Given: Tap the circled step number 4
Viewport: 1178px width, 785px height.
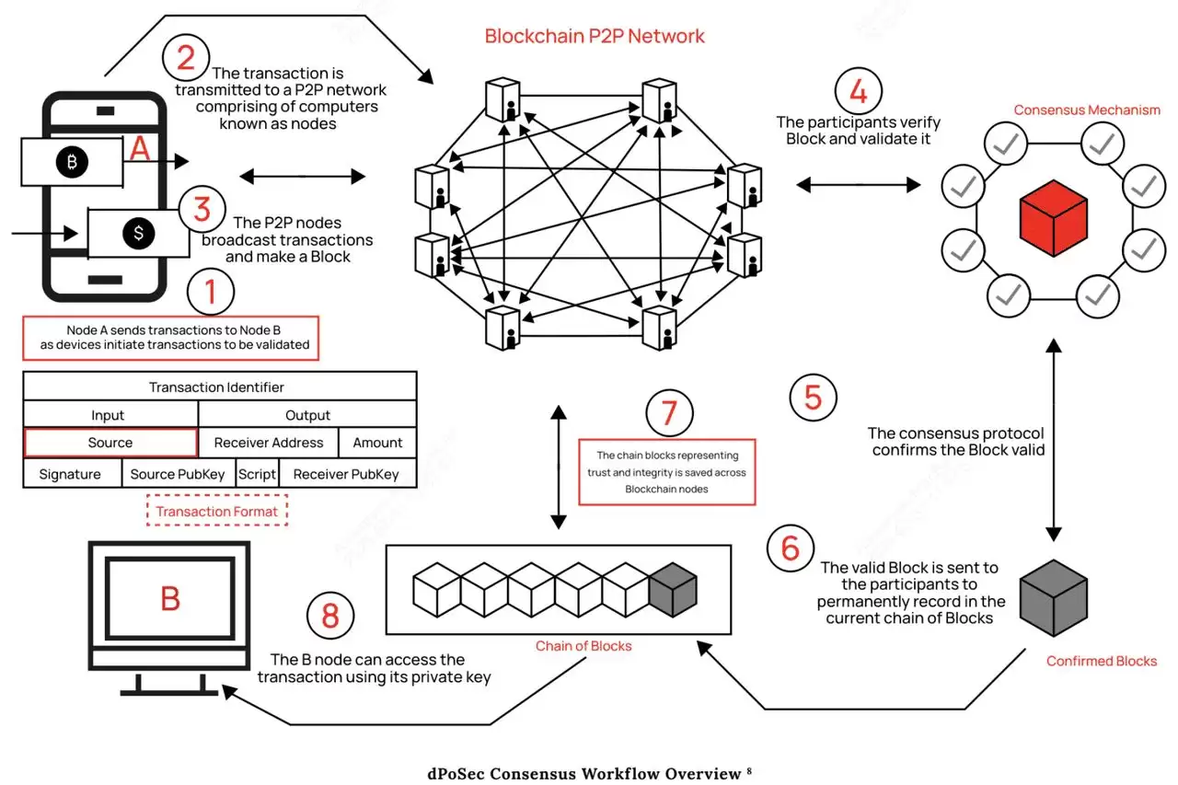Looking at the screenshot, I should tap(858, 91).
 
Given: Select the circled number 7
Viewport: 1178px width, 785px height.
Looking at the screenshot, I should tap(669, 414).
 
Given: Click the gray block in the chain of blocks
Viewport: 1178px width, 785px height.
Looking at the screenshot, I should tap(672, 589).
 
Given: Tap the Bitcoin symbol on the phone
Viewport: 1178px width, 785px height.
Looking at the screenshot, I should tap(71, 163).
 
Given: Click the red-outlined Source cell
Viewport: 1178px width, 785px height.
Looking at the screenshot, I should tap(110, 443).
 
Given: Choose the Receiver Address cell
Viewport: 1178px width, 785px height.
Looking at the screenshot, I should tap(269, 443).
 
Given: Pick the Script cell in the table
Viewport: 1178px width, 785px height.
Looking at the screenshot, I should tap(257, 474).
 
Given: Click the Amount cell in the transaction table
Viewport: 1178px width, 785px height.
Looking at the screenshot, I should tap(377, 443).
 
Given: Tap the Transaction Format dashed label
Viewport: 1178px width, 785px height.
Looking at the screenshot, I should tap(217, 512).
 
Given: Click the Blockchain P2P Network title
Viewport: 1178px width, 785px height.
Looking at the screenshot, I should tap(595, 37).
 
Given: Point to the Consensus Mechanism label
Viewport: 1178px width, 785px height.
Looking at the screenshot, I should tap(1087, 110).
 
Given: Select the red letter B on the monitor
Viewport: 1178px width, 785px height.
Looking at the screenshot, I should tap(170, 598).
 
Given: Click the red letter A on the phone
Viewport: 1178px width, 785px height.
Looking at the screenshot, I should tap(140, 148).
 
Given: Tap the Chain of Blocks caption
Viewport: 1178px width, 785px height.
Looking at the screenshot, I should tap(583, 646).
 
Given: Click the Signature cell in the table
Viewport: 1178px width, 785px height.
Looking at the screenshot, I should tap(70, 474).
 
